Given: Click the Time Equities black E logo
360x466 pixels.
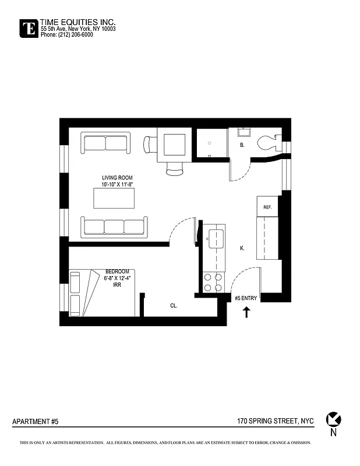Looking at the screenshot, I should coord(28,28).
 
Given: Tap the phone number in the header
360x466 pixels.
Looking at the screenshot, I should coord(66,34).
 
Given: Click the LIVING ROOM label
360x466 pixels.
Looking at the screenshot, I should coord(118,178).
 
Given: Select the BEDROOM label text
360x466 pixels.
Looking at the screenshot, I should coord(117,271).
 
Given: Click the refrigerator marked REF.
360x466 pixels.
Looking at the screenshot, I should coord(268,207).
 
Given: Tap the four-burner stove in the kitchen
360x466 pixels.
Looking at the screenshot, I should coord(213,283).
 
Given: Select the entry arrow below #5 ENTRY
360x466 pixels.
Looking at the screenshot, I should coord(246,312).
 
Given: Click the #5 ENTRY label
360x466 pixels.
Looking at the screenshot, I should coord(245,298).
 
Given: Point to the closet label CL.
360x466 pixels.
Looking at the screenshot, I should coord(174,305).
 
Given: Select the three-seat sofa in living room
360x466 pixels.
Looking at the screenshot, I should coord(115,227).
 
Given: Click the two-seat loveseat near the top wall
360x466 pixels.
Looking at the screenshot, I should coord(105,143).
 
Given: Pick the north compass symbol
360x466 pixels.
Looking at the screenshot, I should coord(334,419).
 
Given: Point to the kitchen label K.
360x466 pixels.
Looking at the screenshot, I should coord(242,248).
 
